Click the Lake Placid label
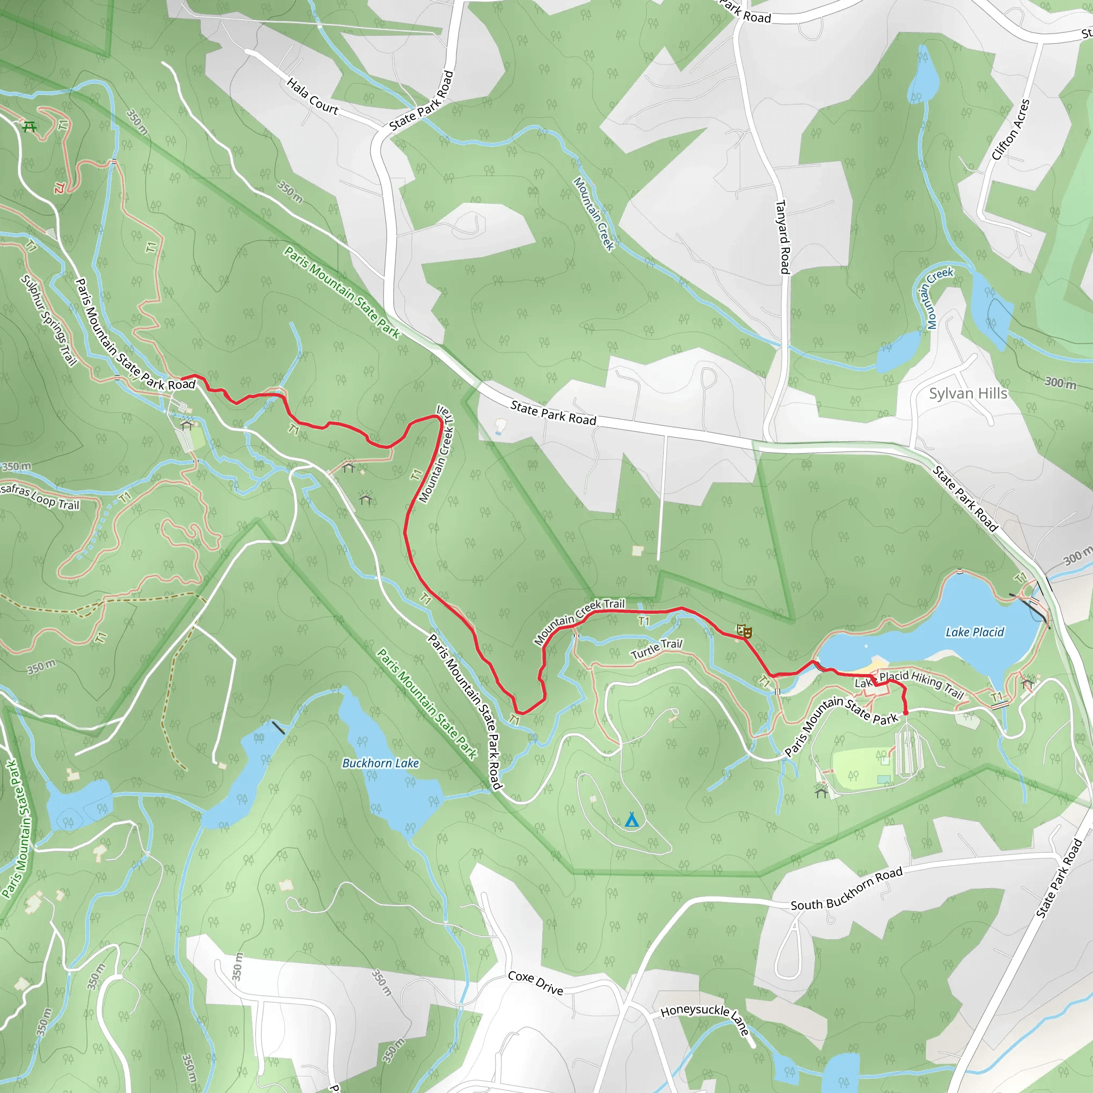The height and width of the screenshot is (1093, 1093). point(975,632)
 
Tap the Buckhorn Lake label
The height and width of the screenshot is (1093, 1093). point(380,763)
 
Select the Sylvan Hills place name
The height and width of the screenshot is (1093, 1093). point(968,393)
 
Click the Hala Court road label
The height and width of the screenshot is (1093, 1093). point(312,96)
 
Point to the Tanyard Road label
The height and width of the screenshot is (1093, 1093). point(782,236)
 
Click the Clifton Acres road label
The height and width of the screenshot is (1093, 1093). point(1010,129)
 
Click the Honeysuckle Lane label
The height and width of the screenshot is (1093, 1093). point(705,1017)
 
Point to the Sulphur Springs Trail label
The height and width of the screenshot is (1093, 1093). point(49,320)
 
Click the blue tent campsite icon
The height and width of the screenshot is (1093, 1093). point(632,820)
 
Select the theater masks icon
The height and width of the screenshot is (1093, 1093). point(744,631)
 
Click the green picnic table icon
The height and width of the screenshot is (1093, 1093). point(29,126)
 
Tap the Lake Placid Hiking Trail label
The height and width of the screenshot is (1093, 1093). point(909,684)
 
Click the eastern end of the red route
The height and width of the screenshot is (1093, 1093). point(906,714)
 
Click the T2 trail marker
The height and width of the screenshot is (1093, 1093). point(59,187)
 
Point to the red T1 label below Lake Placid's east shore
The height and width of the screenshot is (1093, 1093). point(996,696)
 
